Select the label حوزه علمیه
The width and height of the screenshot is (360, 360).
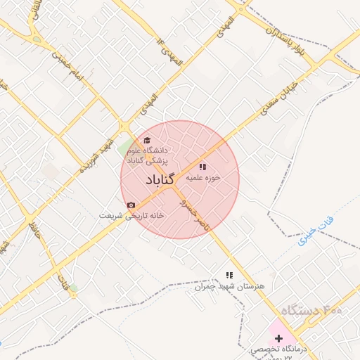[x=203, y=178]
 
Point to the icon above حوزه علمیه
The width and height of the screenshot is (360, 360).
[x=203, y=167]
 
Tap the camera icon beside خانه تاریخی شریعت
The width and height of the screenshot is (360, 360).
[x=131, y=205]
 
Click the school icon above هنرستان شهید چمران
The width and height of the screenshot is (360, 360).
[x=228, y=276]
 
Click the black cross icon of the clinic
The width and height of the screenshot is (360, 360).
[x=278, y=338]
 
